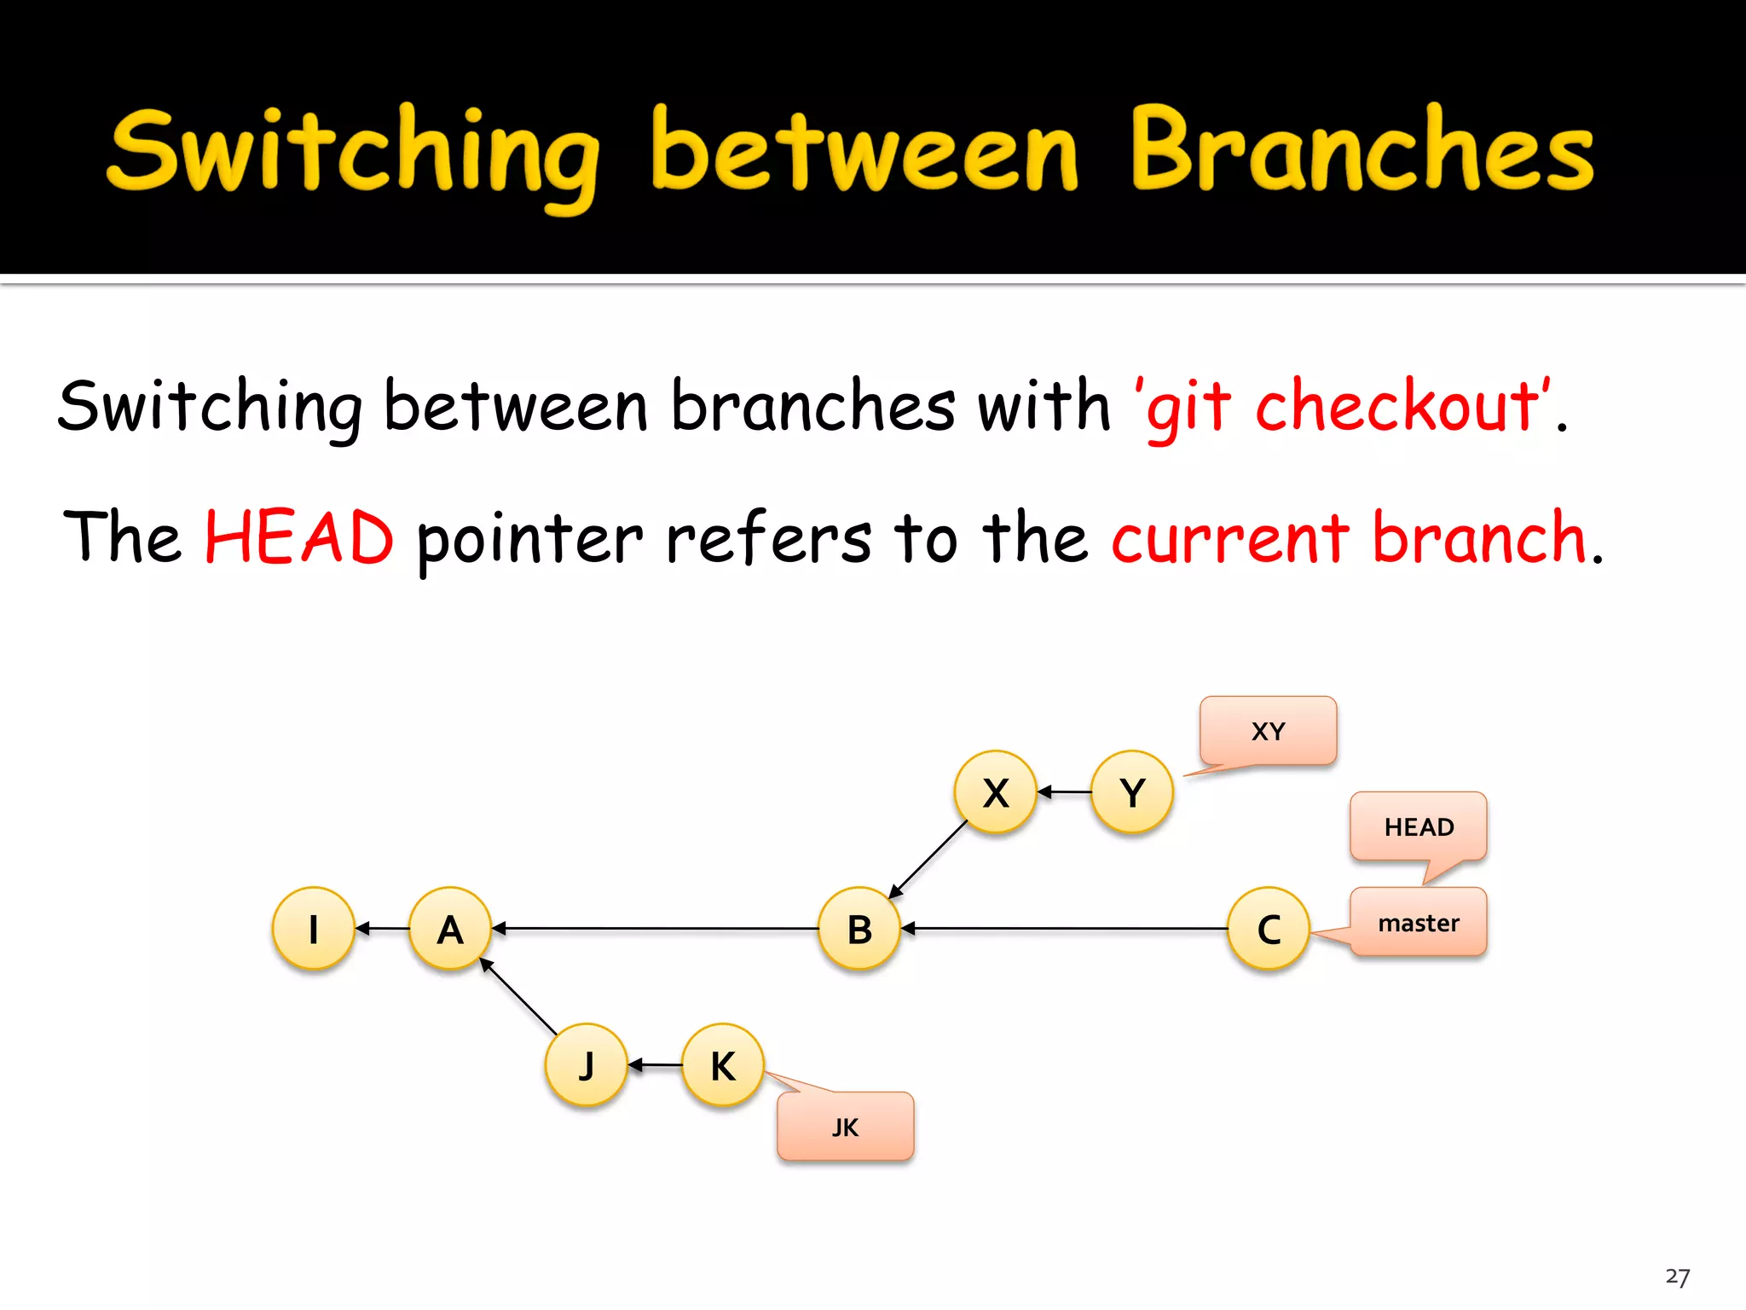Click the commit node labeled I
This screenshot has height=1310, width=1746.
click(313, 928)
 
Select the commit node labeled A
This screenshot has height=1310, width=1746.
click(450, 928)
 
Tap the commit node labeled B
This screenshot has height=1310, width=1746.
click(859, 928)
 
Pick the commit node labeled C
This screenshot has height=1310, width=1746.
click(1269, 928)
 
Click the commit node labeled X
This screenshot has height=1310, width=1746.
click(995, 791)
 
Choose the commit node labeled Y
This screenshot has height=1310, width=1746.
click(1132, 791)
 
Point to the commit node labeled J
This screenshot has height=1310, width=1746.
click(586, 1064)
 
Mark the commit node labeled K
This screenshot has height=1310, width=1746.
click(723, 1064)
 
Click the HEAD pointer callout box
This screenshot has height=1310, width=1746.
click(1418, 826)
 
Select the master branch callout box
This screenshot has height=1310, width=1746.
click(1418, 922)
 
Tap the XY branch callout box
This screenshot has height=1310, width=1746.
click(1268, 730)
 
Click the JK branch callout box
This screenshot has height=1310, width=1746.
click(845, 1127)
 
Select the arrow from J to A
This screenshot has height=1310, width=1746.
click(518, 996)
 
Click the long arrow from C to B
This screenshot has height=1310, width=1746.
click(1066, 928)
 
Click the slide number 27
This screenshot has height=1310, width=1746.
click(1677, 1277)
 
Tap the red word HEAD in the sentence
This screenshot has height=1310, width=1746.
click(299, 537)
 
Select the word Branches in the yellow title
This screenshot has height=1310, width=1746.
click(1362, 149)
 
